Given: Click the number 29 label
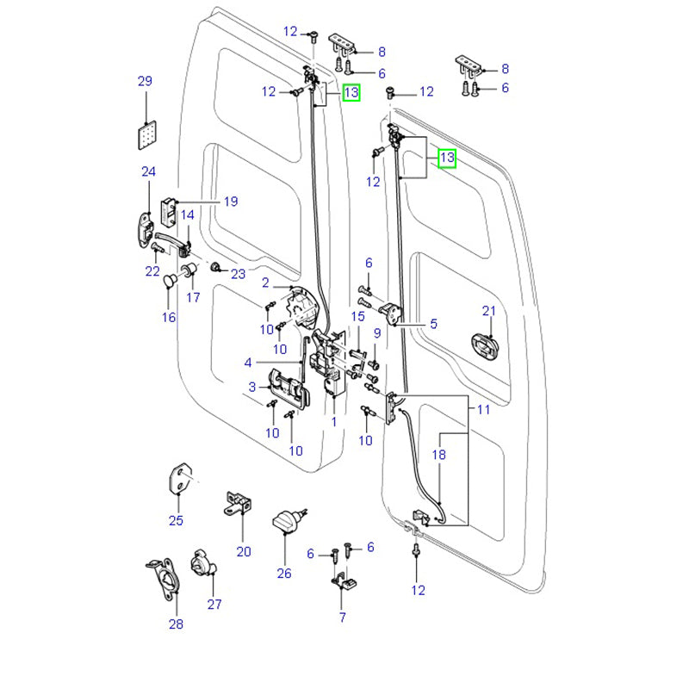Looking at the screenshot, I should (x=145, y=82).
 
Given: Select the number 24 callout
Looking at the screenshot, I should (x=148, y=172).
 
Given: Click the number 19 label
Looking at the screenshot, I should (x=230, y=202).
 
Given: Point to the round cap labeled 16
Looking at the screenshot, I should (x=170, y=280).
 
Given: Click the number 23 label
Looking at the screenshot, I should (x=238, y=274).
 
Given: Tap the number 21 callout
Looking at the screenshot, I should (x=489, y=311).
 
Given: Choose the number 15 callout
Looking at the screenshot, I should (x=357, y=318).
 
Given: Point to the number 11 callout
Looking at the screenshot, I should (x=482, y=410).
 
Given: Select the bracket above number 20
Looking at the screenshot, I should (x=239, y=503).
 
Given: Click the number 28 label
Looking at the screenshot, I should (x=176, y=624).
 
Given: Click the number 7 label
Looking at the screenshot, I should (x=342, y=617).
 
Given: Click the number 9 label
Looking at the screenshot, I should (x=376, y=334).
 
